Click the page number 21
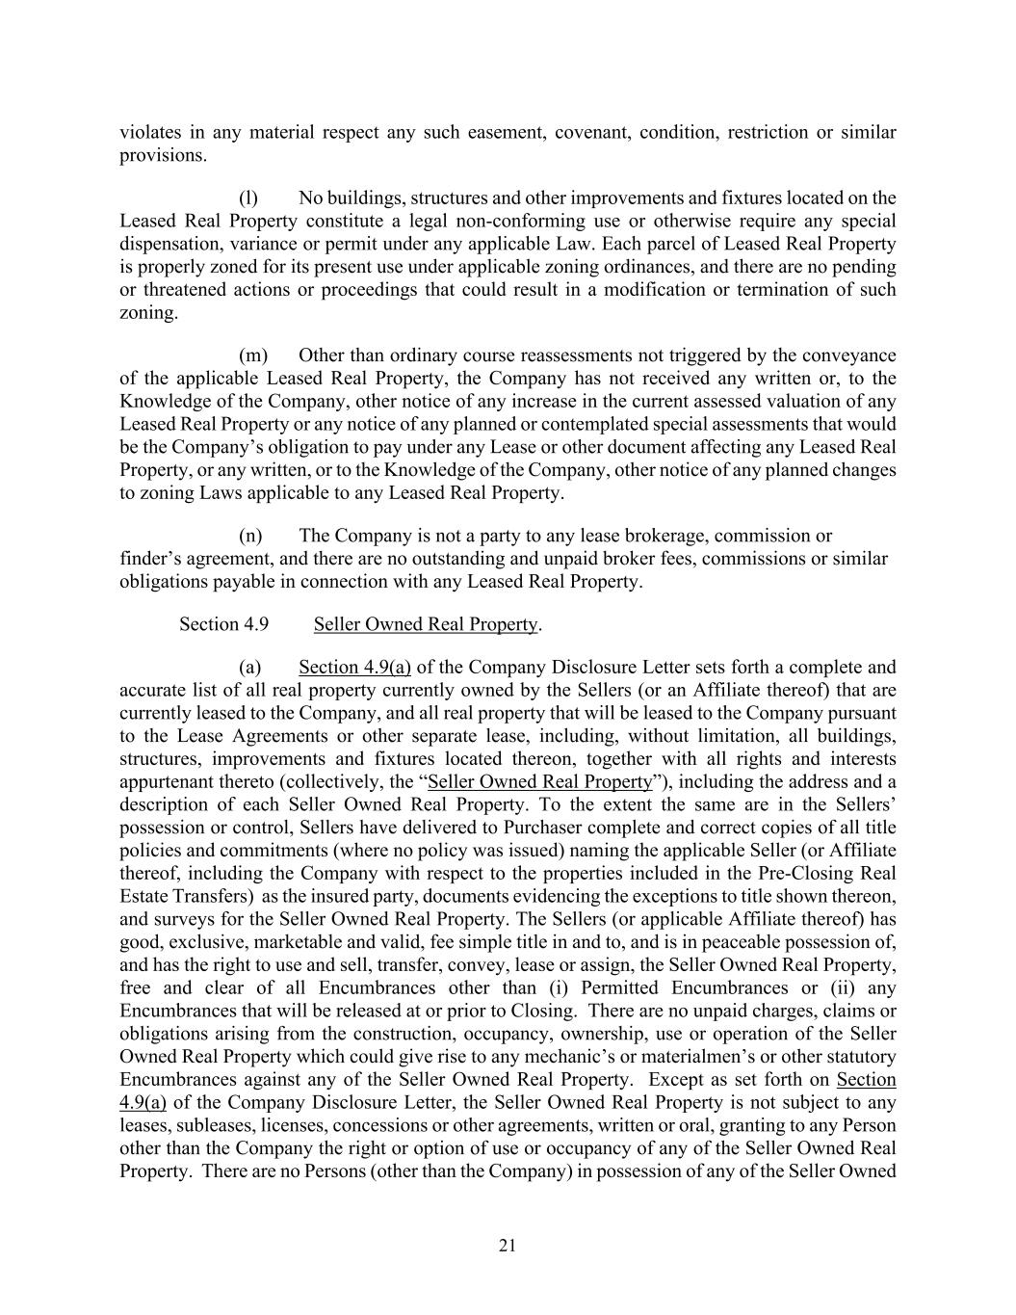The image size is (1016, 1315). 508,1246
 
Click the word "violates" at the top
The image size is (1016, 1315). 147,132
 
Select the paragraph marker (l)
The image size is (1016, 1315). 248,198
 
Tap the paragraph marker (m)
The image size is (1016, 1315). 252,355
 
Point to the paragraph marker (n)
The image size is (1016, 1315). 250,536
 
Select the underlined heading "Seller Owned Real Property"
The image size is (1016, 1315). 425,624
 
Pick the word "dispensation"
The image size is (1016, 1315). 169,244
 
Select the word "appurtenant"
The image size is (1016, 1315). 169,781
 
